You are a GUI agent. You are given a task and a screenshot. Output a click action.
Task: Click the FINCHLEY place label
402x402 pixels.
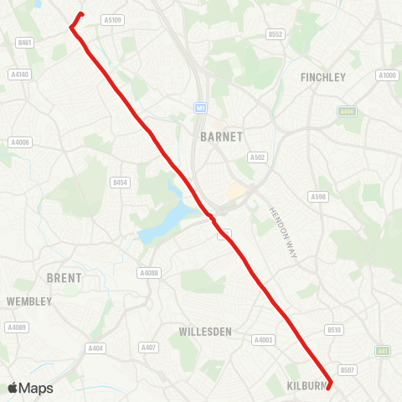pos(322,77)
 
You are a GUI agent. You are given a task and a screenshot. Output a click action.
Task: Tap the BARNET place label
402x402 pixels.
pos(222,136)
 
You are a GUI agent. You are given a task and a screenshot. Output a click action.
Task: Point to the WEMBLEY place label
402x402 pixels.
pos(29,301)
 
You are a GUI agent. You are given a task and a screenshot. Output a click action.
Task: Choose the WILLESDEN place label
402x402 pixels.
pos(205,332)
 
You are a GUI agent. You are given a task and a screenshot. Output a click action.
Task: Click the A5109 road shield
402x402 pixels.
pos(111,19)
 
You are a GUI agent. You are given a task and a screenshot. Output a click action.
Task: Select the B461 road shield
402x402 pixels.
pos(24,42)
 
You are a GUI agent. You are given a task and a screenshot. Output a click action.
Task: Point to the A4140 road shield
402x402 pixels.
pos(19,75)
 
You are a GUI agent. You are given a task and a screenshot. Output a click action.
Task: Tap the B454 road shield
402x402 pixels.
pos(121,182)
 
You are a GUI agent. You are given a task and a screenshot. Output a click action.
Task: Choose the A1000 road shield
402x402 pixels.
pos(386,75)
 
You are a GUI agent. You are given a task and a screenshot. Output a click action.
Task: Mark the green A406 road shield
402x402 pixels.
pos(347,111)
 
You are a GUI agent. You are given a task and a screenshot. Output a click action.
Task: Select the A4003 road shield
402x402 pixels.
pos(264,340)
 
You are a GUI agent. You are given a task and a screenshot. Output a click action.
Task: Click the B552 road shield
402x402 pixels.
pos(276,34)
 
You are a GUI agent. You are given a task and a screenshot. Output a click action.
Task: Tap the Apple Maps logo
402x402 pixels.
pos(30,388)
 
